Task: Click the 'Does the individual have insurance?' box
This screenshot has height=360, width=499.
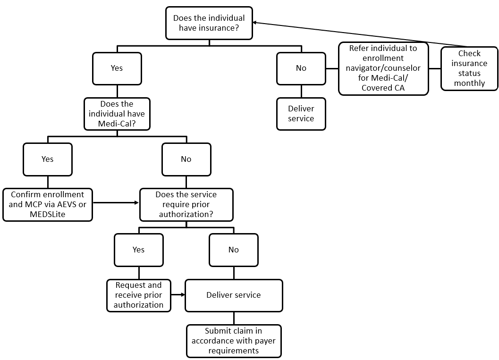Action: click(x=209, y=23)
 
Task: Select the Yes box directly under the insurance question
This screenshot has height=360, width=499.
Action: click(x=117, y=68)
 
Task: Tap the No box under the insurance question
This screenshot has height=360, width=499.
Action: click(x=301, y=68)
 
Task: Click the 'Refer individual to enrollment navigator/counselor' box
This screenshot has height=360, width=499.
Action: click(x=383, y=68)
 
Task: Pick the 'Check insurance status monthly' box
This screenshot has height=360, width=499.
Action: click(x=469, y=68)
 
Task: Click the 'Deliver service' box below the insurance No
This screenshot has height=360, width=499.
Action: click(x=301, y=114)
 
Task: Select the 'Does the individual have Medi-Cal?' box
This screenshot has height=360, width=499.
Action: click(x=117, y=114)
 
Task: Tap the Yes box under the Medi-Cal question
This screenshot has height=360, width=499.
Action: click(x=48, y=159)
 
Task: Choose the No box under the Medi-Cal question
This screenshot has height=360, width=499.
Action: click(x=186, y=159)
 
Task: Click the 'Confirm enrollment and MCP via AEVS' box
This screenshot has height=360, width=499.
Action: click(x=47, y=204)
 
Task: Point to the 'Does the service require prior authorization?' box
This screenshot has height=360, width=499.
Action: click(x=186, y=204)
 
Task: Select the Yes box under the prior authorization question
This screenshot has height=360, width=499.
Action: click(x=139, y=250)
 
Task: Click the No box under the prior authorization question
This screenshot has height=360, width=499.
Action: click(x=234, y=250)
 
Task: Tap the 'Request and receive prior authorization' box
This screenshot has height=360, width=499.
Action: click(x=139, y=295)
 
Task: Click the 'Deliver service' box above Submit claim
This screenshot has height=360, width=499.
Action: click(x=234, y=295)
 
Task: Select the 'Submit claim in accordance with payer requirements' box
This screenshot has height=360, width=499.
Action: click(x=234, y=341)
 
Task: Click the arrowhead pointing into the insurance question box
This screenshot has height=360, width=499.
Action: click(x=255, y=22)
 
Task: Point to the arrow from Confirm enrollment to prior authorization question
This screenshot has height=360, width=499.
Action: click(x=116, y=203)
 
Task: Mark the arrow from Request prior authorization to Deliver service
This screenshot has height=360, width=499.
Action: click(x=178, y=294)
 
